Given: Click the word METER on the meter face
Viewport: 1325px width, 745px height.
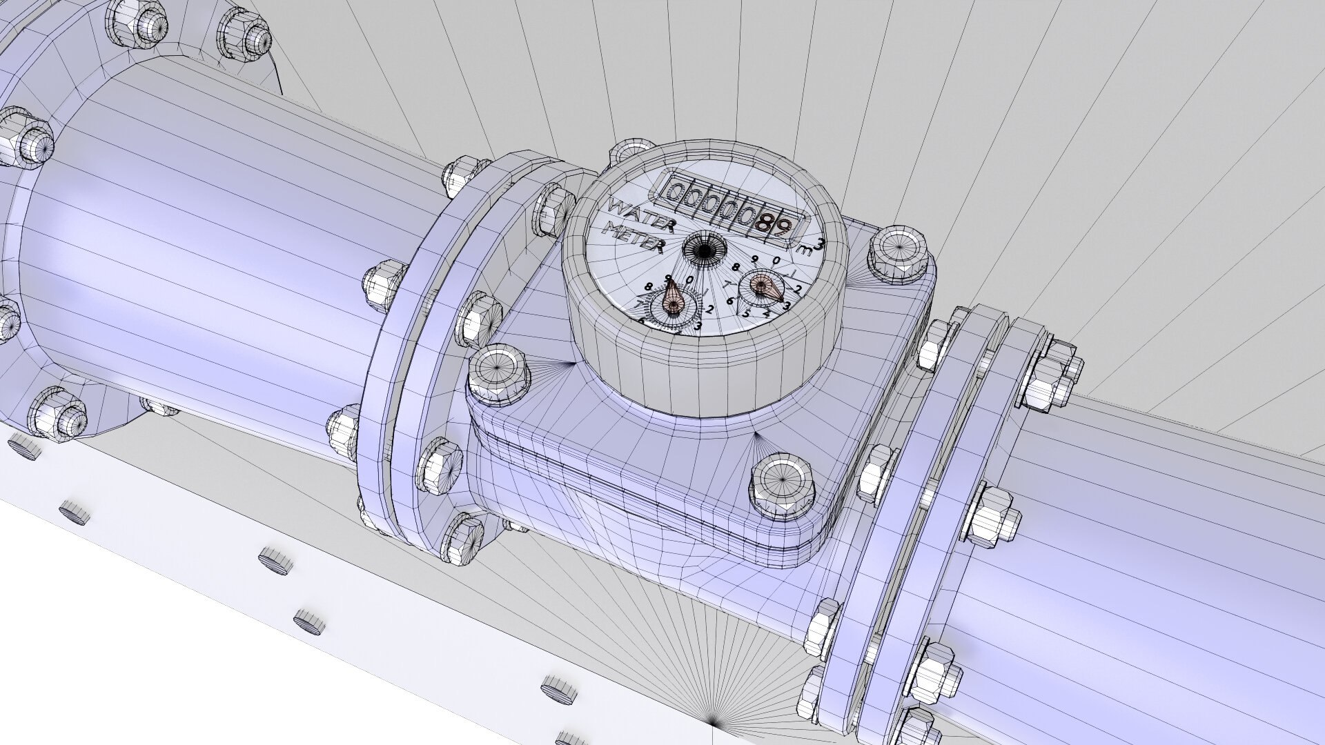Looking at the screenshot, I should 634,238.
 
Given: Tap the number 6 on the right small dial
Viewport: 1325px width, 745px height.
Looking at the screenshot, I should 730,301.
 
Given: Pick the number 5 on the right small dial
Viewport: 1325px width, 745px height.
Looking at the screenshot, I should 745,314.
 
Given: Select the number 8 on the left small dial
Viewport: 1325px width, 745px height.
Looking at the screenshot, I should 648,286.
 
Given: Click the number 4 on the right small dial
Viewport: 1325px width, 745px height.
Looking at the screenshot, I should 767,314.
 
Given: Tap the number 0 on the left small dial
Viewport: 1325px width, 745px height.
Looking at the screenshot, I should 689,279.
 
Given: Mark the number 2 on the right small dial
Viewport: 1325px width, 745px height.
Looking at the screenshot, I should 797,290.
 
